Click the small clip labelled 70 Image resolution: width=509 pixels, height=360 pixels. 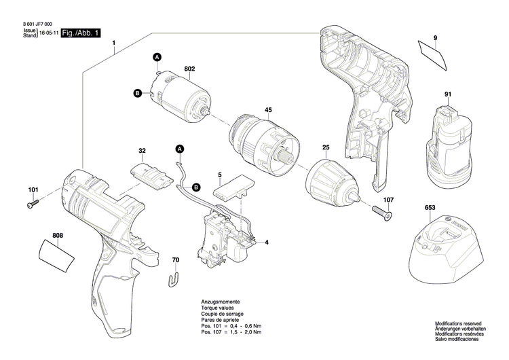pyautogui.click(x=174, y=277)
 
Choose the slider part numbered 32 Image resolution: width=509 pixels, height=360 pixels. pyautogui.click(x=153, y=171)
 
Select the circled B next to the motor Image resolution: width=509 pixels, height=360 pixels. pyautogui.click(x=136, y=93)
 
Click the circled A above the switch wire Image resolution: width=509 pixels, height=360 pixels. pyautogui.click(x=180, y=148)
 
